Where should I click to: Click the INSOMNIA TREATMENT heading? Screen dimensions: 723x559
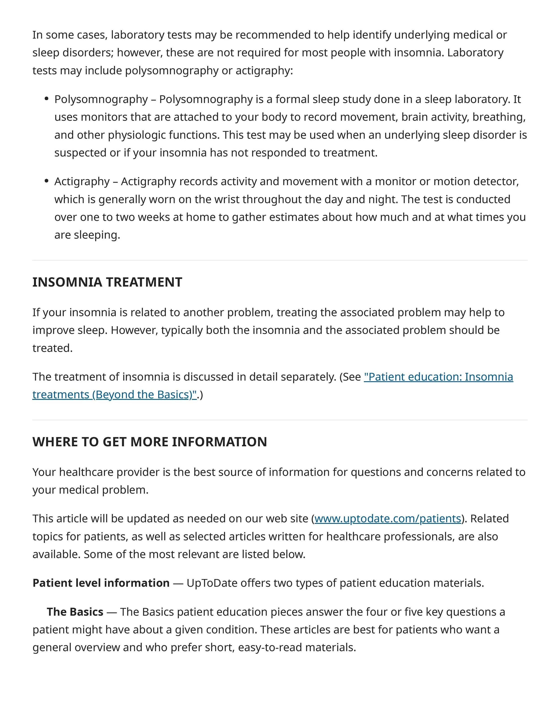tap(107, 282)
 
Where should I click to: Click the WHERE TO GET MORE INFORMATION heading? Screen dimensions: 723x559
tap(149, 442)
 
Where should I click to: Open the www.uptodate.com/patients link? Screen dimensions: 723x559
tap(387, 519)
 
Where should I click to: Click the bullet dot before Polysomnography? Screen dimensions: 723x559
tap(47, 98)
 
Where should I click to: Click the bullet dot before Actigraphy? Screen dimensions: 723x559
tap(47, 181)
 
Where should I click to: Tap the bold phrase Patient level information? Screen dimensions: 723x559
tap(101, 583)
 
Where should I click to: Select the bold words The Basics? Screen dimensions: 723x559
tap(75, 612)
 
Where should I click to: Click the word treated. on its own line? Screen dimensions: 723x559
tap(52, 348)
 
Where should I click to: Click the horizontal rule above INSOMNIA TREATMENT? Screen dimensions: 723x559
tap(279, 260)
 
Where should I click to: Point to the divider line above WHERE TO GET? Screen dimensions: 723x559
tap(279, 420)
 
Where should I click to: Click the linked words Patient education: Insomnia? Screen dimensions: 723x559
tap(438, 377)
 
